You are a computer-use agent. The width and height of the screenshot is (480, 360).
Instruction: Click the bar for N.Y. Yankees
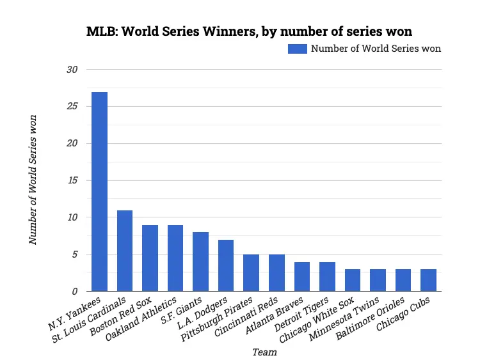(99, 192)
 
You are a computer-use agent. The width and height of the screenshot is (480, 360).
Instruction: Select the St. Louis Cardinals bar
(125, 251)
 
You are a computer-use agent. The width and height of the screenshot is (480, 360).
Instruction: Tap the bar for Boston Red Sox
(150, 258)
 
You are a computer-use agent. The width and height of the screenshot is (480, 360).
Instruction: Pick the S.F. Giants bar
(200, 262)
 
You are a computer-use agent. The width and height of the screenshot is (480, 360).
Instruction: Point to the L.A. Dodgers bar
(226, 265)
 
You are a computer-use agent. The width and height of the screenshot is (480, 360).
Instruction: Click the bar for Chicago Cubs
(428, 280)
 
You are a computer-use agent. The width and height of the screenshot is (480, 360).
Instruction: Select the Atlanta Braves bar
(302, 276)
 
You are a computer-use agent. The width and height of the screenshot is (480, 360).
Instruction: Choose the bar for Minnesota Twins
(378, 280)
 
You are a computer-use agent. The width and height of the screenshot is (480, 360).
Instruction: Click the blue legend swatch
(298, 49)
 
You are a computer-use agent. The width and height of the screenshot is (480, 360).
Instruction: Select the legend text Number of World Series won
(376, 49)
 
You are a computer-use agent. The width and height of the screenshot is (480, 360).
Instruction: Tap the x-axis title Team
(264, 352)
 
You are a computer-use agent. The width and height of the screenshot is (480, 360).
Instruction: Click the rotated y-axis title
(33, 180)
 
